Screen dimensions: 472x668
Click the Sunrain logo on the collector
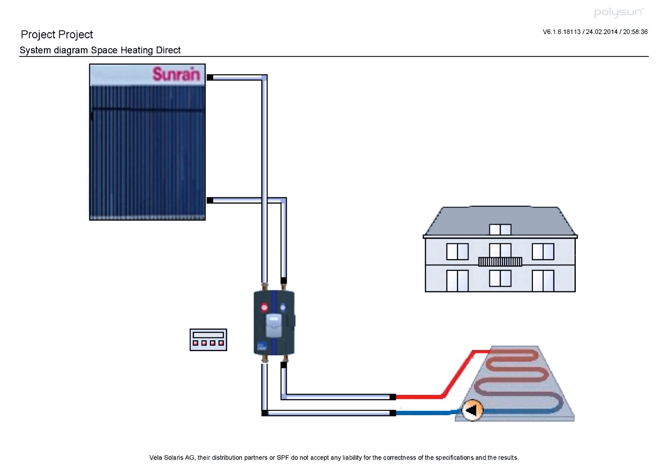[x=176, y=74]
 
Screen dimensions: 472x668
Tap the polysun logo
[x=618, y=13]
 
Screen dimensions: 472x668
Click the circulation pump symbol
[x=472, y=410]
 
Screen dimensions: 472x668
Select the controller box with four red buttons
[x=208, y=339]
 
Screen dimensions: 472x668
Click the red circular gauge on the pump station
[x=264, y=307]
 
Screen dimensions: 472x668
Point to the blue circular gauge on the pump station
[x=282, y=307]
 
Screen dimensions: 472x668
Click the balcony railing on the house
[x=500, y=261]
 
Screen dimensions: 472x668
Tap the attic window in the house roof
[x=500, y=229]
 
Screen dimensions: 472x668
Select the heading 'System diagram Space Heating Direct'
[x=100, y=50]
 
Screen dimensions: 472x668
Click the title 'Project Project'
[x=57, y=35]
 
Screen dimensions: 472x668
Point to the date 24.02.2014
[x=602, y=32]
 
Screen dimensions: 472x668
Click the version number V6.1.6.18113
[x=561, y=32]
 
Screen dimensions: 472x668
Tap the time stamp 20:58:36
[x=635, y=32]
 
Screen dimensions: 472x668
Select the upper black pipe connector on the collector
[x=210, y=77]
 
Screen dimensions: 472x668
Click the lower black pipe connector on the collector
[x=210, y=200]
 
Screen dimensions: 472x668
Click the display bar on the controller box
[x=208, y=335]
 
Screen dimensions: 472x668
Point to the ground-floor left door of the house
[x=457, y=281]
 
